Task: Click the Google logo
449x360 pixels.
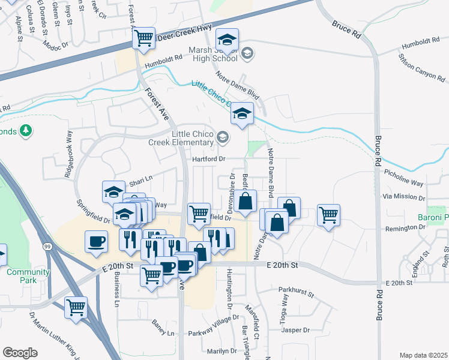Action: click(x=20, y=352)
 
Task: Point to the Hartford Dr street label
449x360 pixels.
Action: click(x=208, y=159)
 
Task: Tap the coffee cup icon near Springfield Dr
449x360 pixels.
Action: click(x=96, y=241)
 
